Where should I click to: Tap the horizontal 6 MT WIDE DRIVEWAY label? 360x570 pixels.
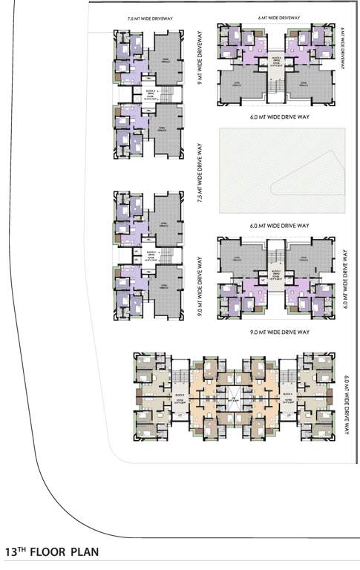(280, 16)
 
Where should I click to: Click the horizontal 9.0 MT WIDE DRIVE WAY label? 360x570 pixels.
(279, 332)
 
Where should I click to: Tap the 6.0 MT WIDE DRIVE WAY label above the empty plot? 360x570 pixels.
(279, 117)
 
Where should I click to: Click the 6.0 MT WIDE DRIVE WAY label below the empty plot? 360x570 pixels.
(279, 224)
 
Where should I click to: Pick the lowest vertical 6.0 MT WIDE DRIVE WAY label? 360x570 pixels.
(346, 405)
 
